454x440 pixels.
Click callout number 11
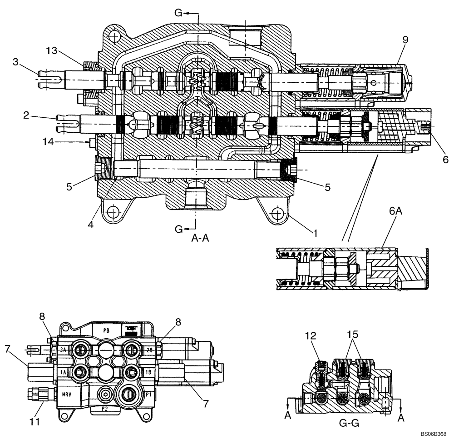35,421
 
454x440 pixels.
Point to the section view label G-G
349,424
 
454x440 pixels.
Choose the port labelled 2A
63,350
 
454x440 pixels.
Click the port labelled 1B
148,372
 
